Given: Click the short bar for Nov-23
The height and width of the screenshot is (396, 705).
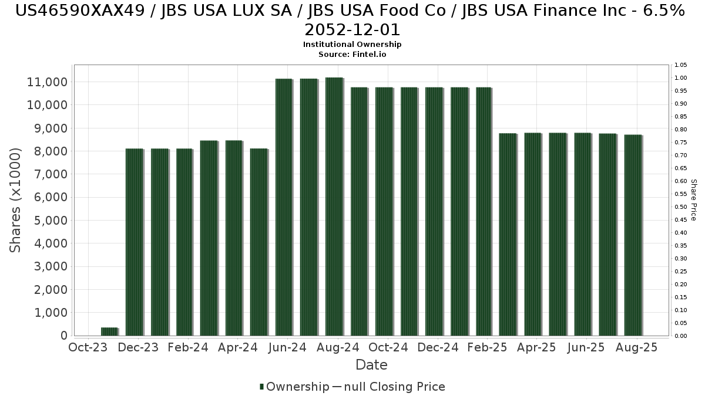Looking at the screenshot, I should tap(109, 331).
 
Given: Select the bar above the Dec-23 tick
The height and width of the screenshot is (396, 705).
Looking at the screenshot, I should tap(135, 242).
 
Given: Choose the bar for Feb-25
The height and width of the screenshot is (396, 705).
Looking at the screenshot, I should tap(484, 211).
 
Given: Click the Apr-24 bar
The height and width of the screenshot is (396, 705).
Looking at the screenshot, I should tap(234, 238).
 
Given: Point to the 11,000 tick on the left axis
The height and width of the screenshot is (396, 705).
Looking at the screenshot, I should tap(48, 82).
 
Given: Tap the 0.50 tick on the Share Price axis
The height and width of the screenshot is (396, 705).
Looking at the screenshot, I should tap(680, 207).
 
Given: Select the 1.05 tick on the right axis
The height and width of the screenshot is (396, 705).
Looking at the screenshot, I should tap(680, 65).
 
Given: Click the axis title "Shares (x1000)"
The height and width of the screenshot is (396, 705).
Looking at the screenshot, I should tap(16, 200).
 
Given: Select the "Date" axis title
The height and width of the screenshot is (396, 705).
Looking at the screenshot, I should tap(371, 365).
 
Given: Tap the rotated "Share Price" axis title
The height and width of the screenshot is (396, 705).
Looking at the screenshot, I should tap(693, 200).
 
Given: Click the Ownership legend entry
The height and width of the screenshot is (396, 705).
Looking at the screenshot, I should tap(294, 387).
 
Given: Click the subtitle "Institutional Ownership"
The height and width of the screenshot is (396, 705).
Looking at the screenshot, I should tap(352, 45).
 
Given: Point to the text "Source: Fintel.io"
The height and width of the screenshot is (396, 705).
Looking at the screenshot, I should tap(352, 54).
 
